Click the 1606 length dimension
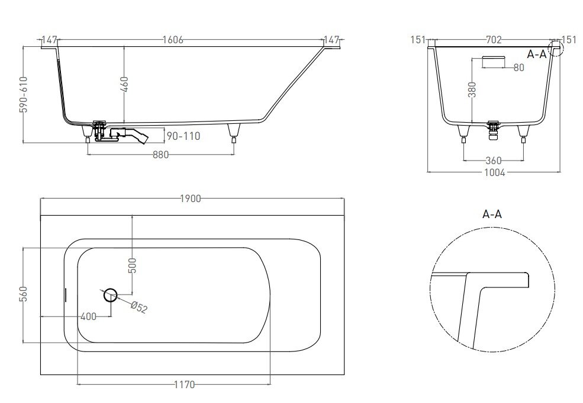point(173,40)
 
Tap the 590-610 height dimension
point(23,94)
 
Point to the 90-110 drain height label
point(183,136)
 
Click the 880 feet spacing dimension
point(160,154)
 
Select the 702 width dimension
point(494,40)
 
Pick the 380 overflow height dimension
point(472,89)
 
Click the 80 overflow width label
point(518,68)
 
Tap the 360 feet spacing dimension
point(494,161)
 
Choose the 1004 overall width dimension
point(494,172)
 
